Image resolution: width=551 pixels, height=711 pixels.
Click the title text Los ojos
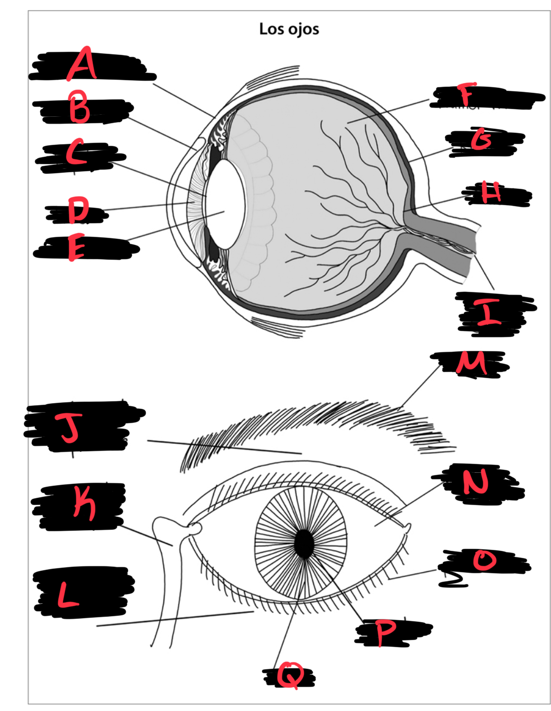click(289, 29)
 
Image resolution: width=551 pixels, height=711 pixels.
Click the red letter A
click(82, 64)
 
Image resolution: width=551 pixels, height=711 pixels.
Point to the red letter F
click(467, 95)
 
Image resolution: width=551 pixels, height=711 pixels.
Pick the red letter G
click(482, 139)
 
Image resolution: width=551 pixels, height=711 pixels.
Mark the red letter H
click(491, 192)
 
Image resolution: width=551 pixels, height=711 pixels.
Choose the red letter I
click(488, 312)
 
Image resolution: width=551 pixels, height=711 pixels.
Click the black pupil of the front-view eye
click(304, 544)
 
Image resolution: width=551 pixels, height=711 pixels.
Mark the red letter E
click(76, 248)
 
